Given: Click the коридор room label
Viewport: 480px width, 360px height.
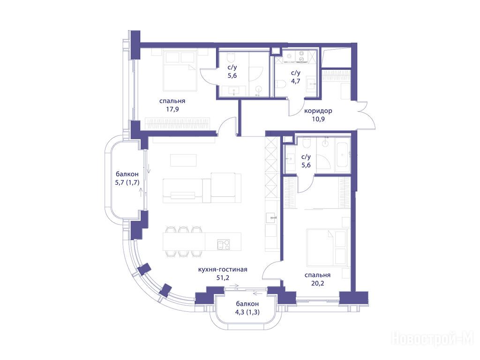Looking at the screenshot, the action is [x=318, y=111].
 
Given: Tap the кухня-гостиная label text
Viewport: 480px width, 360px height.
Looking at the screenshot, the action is [x=223, y=270].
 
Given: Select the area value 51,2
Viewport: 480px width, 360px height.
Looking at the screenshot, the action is [x=223, y=277].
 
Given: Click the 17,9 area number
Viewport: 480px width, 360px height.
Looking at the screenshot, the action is [x=172, y=109].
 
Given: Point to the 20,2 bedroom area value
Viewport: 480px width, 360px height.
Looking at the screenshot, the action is [x=317, y=283].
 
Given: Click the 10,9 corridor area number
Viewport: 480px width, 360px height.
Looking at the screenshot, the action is [x=318, y=119].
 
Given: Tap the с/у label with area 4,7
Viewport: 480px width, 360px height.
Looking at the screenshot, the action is [x=296, y=73].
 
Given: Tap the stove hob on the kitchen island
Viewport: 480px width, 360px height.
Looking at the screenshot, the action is [x=223, y=244].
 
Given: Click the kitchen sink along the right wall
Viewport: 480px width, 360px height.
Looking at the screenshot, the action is [x=271, y=217].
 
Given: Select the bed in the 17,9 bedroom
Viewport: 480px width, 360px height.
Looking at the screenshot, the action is [x=180, y=71].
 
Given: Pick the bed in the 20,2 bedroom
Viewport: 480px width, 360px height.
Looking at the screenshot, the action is [x=327, y=247].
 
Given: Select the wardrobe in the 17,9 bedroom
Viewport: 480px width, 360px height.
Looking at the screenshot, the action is [x=178, y=124].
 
